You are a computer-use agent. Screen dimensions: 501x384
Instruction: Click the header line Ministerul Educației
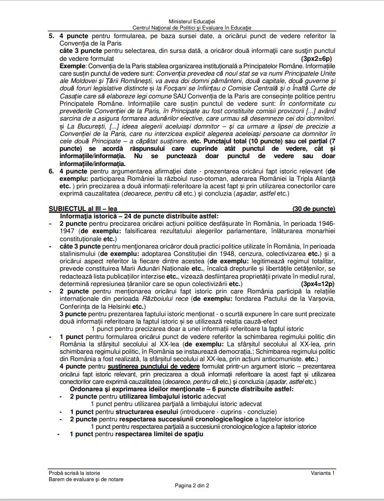192,20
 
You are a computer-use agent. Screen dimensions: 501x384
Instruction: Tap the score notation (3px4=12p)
317,283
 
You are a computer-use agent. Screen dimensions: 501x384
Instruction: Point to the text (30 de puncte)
313,209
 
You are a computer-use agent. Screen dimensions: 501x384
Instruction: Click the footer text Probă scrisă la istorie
76,473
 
